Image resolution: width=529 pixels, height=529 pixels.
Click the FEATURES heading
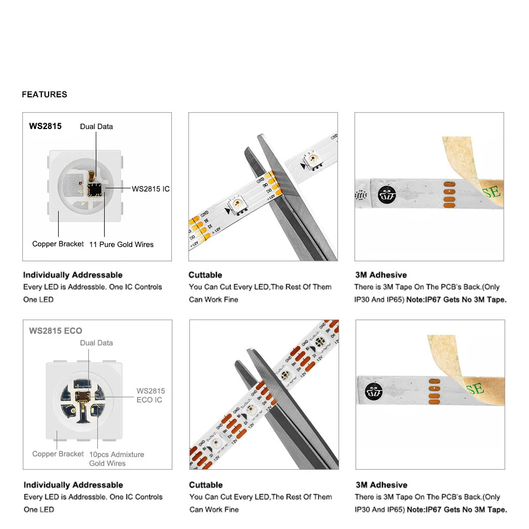[44, 94]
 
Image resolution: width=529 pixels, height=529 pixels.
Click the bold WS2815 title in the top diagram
[45, 126]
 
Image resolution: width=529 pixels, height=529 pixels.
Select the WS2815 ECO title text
[56, 331]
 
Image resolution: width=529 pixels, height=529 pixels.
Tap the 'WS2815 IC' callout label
[150, 188]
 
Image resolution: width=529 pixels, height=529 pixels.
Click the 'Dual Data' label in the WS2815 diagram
[96, 126]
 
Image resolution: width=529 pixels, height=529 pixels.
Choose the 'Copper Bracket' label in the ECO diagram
[58, 454]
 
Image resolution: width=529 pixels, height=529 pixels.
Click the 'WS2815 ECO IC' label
[150, 395]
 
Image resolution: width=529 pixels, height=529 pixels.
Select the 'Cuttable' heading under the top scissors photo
[205, 275]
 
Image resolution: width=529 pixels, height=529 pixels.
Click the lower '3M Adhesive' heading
[381, 485]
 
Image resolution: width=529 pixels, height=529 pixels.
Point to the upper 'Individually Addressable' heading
[72, 275]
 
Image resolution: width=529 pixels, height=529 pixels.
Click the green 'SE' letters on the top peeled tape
[491, 191]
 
